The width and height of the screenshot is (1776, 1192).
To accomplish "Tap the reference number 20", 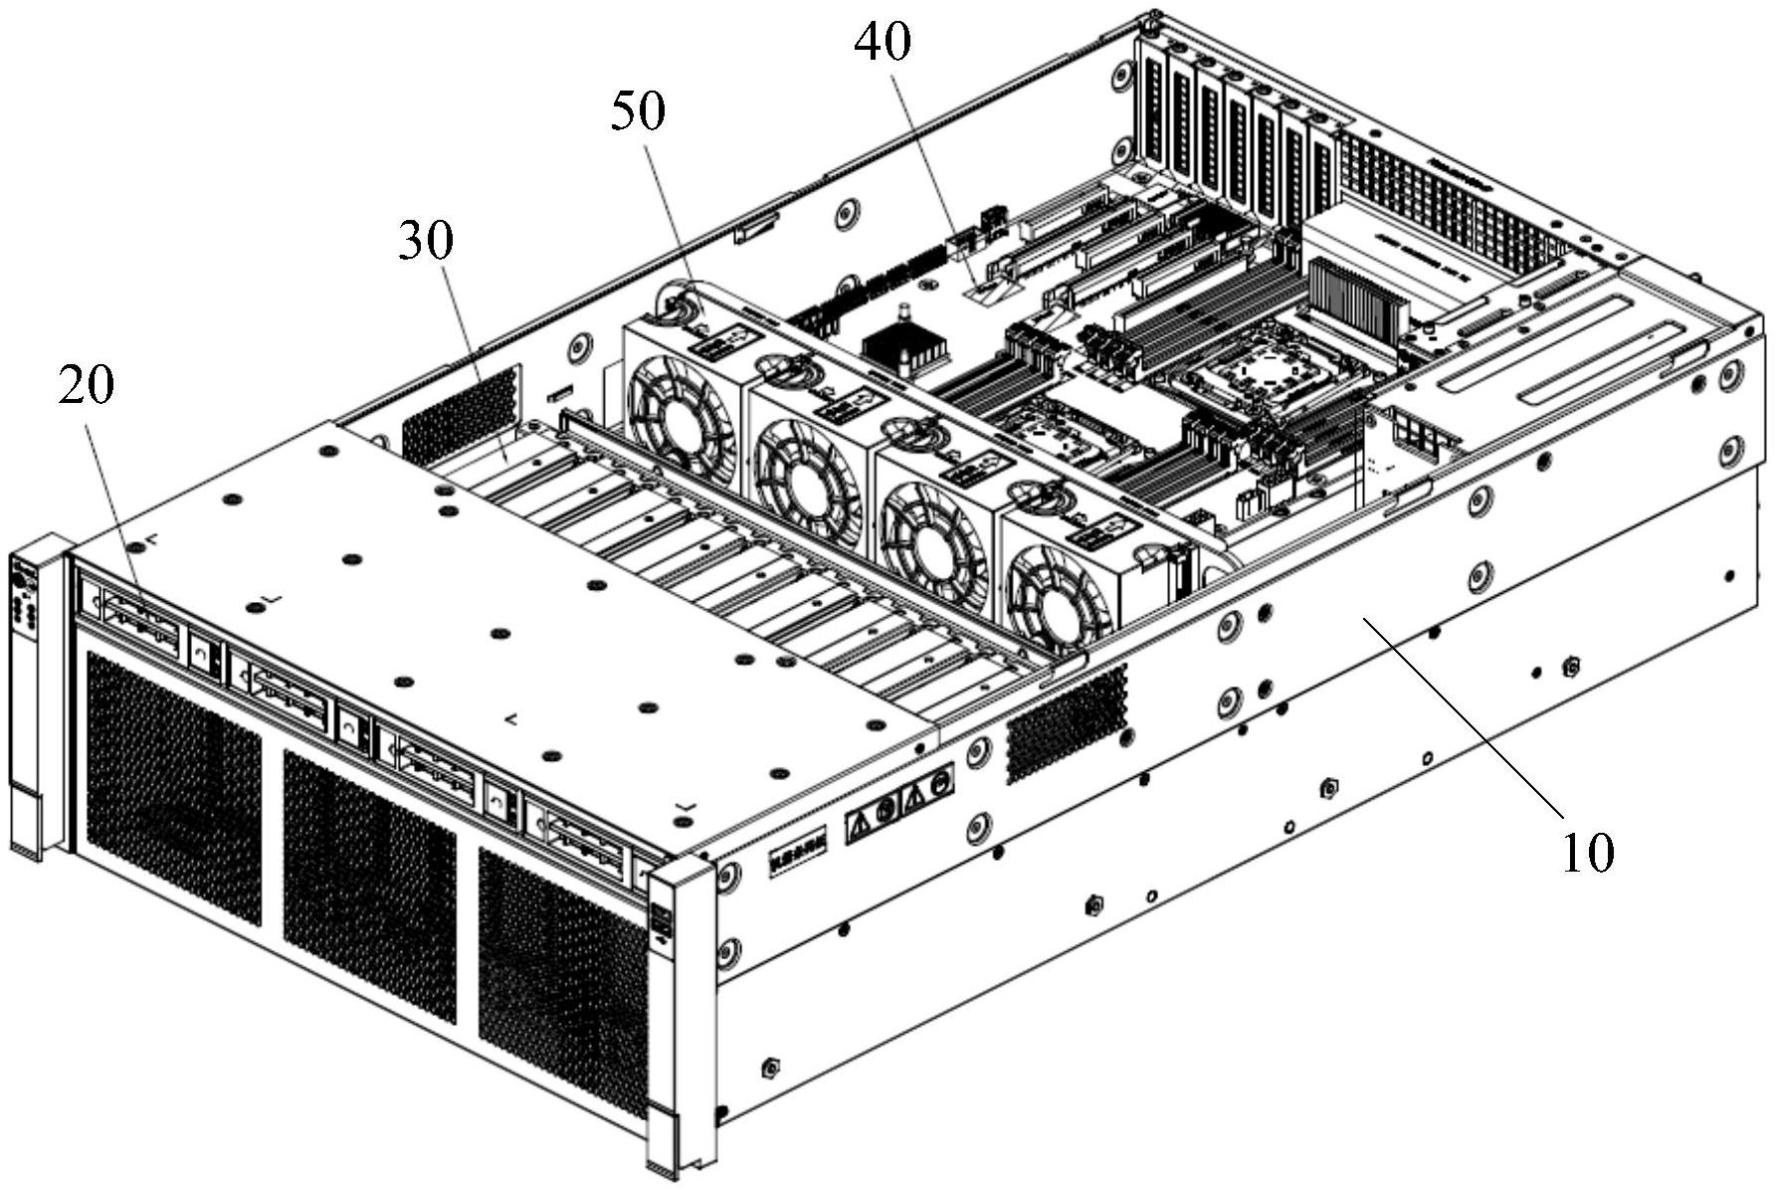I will [x=86, y=386].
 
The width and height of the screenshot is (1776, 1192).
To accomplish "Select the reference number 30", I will [x=426, y=241].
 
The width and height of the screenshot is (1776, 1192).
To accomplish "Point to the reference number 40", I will [x=883, y=43].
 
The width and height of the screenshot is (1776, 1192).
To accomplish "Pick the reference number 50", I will [x=637, y=111].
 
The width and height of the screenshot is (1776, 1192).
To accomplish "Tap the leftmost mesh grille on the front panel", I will [x=171, y=787].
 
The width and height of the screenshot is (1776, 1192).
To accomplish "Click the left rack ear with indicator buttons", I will [x=28, y=696].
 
